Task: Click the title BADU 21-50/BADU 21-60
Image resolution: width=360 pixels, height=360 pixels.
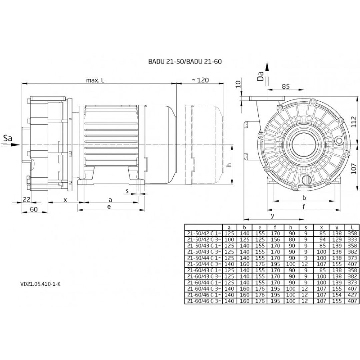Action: tap(185, 62)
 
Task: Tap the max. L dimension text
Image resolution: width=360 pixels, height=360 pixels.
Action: tap(96, 80)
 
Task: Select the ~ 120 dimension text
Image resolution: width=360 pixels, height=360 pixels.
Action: tap(200, 80)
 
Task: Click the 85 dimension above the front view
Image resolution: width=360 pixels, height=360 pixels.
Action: tap(286, 86)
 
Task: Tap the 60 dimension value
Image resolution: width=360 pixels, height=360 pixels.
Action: tap(34, 209)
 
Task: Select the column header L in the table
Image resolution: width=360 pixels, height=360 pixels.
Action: tap(352, 227)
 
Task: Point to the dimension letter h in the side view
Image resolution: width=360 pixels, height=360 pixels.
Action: tap(229, 165)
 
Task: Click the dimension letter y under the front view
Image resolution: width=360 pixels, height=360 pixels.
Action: tap(273, 215)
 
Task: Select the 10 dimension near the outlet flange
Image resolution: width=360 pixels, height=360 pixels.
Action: tap(238, 84)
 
